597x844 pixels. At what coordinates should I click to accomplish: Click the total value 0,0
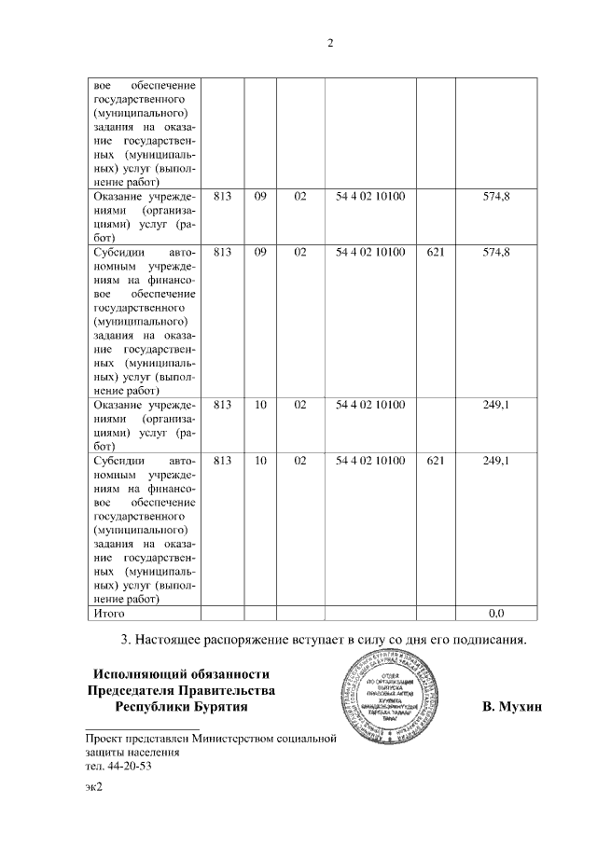coord(496,613)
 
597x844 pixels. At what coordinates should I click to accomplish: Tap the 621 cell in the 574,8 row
coord(435,252)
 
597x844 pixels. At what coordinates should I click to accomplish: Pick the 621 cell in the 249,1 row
coord(435,461)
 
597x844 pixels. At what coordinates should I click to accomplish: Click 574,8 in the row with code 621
coord(496,252)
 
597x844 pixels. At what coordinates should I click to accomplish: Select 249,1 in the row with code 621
coord(496,461)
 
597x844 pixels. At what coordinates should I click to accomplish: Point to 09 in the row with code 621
coord(260,252)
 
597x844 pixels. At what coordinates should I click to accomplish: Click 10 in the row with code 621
coord(260,461)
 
